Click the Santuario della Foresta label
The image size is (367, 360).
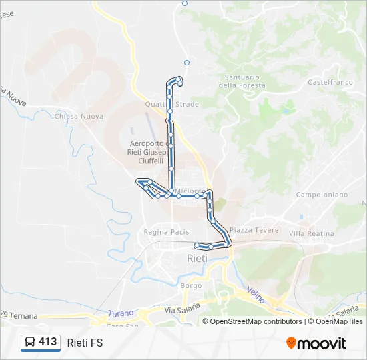pyautogui.click(x=242, y=81)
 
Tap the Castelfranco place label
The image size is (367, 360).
pyautogui.click(x=330, y=82)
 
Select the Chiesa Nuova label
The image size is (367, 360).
pyautogui.click(x=79, y=116)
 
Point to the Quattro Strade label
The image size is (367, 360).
pyautogui.click(x=172, y=105)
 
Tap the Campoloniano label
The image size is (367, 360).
pyautogui.click(x=322, y=195)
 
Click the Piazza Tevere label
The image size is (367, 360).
pyautogui.click(x=249, y=230)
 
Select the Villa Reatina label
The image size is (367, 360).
pyautogui.click(x=311, y=233)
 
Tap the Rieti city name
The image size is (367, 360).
pyautogui.click(x=196, y=258)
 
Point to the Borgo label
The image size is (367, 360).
pyautogui.click(x=192, y=285)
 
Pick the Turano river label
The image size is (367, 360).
pyautogui.click(x=121, y=313)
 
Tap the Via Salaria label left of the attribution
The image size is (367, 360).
pyautogui.click(x=182, y=310)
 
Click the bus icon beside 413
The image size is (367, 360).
pyautogui.click(x=30, y=343)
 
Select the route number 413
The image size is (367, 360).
pyautogui.click(x=48, y=342)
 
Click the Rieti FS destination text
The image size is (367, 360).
pyautogui.click(x=85, y=343)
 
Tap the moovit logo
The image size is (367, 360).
pyautogui.click(x=316, y=343)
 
